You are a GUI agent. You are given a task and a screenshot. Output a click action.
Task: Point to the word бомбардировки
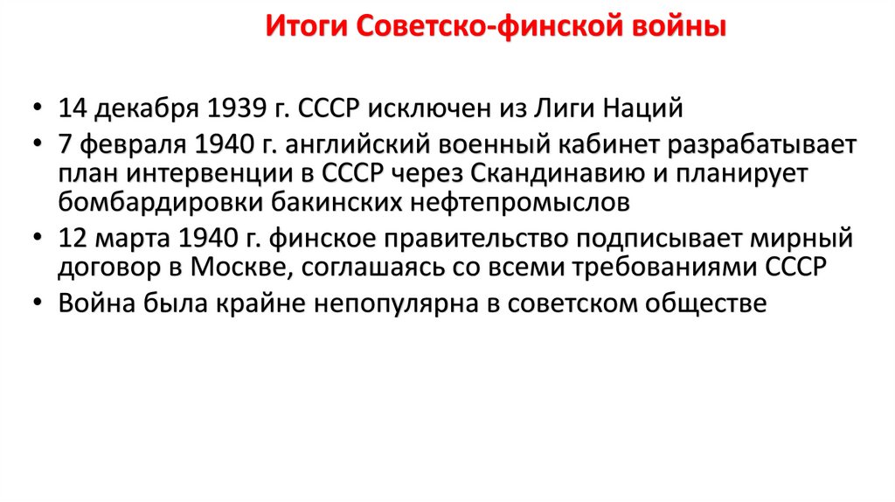136,204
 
